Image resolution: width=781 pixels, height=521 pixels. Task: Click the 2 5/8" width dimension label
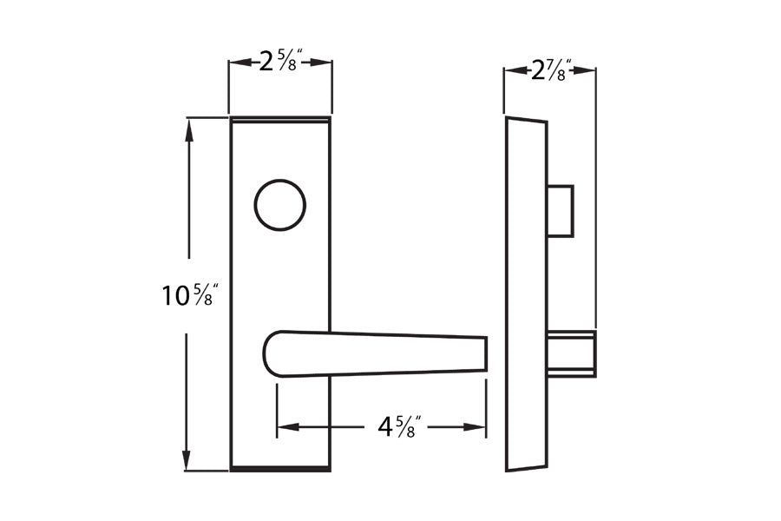[x=280, y=62]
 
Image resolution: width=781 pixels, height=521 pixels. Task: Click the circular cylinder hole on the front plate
[x=279, y=206]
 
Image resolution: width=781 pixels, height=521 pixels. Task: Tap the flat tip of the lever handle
[x=484, y=353]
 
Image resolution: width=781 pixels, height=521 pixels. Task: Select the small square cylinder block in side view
[x=561, y=210]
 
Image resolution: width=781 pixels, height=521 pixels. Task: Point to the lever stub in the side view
[x=571, y=353]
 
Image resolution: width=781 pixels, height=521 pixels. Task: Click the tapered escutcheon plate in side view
[x=527, y=295]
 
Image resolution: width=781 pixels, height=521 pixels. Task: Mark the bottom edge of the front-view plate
[x=279, y=469]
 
